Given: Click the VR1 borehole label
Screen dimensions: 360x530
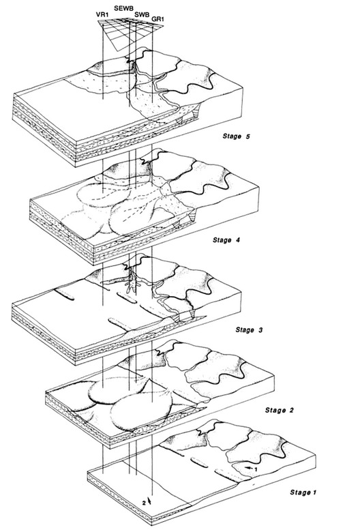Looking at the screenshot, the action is (102, 15).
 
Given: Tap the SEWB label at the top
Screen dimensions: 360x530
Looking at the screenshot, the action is (123, 8).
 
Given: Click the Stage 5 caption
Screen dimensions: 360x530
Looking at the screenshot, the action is (237, 136).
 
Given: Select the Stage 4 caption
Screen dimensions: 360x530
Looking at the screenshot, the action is (226, 240).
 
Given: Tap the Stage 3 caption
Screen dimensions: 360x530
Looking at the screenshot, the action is (249, 329).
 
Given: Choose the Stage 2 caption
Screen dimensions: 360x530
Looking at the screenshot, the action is (280, 410).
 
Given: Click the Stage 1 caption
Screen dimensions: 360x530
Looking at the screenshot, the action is (303, 492).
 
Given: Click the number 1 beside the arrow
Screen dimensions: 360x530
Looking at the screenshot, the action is (256, 469).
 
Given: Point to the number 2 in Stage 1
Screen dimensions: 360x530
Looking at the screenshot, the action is (144, 503).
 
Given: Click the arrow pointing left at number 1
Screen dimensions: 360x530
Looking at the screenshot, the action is (249, 467).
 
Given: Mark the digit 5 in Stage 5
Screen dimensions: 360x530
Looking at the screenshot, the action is (248, 136).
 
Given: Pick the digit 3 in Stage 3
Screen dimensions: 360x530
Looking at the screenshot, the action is (260, 329).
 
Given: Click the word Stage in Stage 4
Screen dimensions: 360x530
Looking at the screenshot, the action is (221, 240).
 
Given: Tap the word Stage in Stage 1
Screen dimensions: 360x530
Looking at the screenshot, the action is (298, 492).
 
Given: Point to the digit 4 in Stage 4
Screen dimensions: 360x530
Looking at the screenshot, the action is (238, 240).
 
